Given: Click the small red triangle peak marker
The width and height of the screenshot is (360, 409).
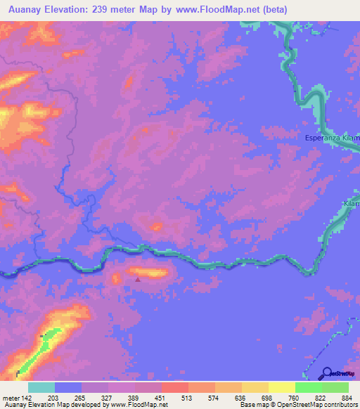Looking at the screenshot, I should (137, 279).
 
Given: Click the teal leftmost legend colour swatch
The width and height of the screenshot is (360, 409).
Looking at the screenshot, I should (41, 387).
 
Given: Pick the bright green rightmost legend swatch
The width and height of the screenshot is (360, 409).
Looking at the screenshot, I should (335, 387).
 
